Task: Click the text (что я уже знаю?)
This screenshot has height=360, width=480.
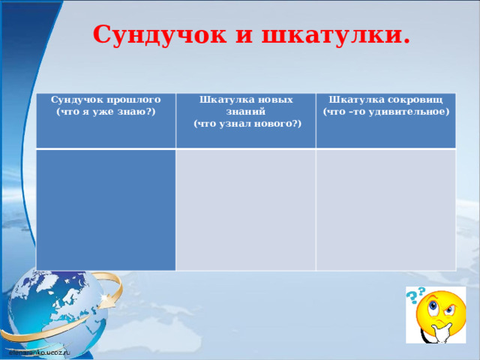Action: pos(106,111)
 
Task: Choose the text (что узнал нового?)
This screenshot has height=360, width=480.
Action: pos(247,123)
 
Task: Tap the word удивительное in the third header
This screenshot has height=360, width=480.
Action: pos(408,111)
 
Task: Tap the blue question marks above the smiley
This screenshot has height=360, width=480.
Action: pos(416,294)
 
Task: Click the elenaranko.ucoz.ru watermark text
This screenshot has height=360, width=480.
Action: pos(39,350)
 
